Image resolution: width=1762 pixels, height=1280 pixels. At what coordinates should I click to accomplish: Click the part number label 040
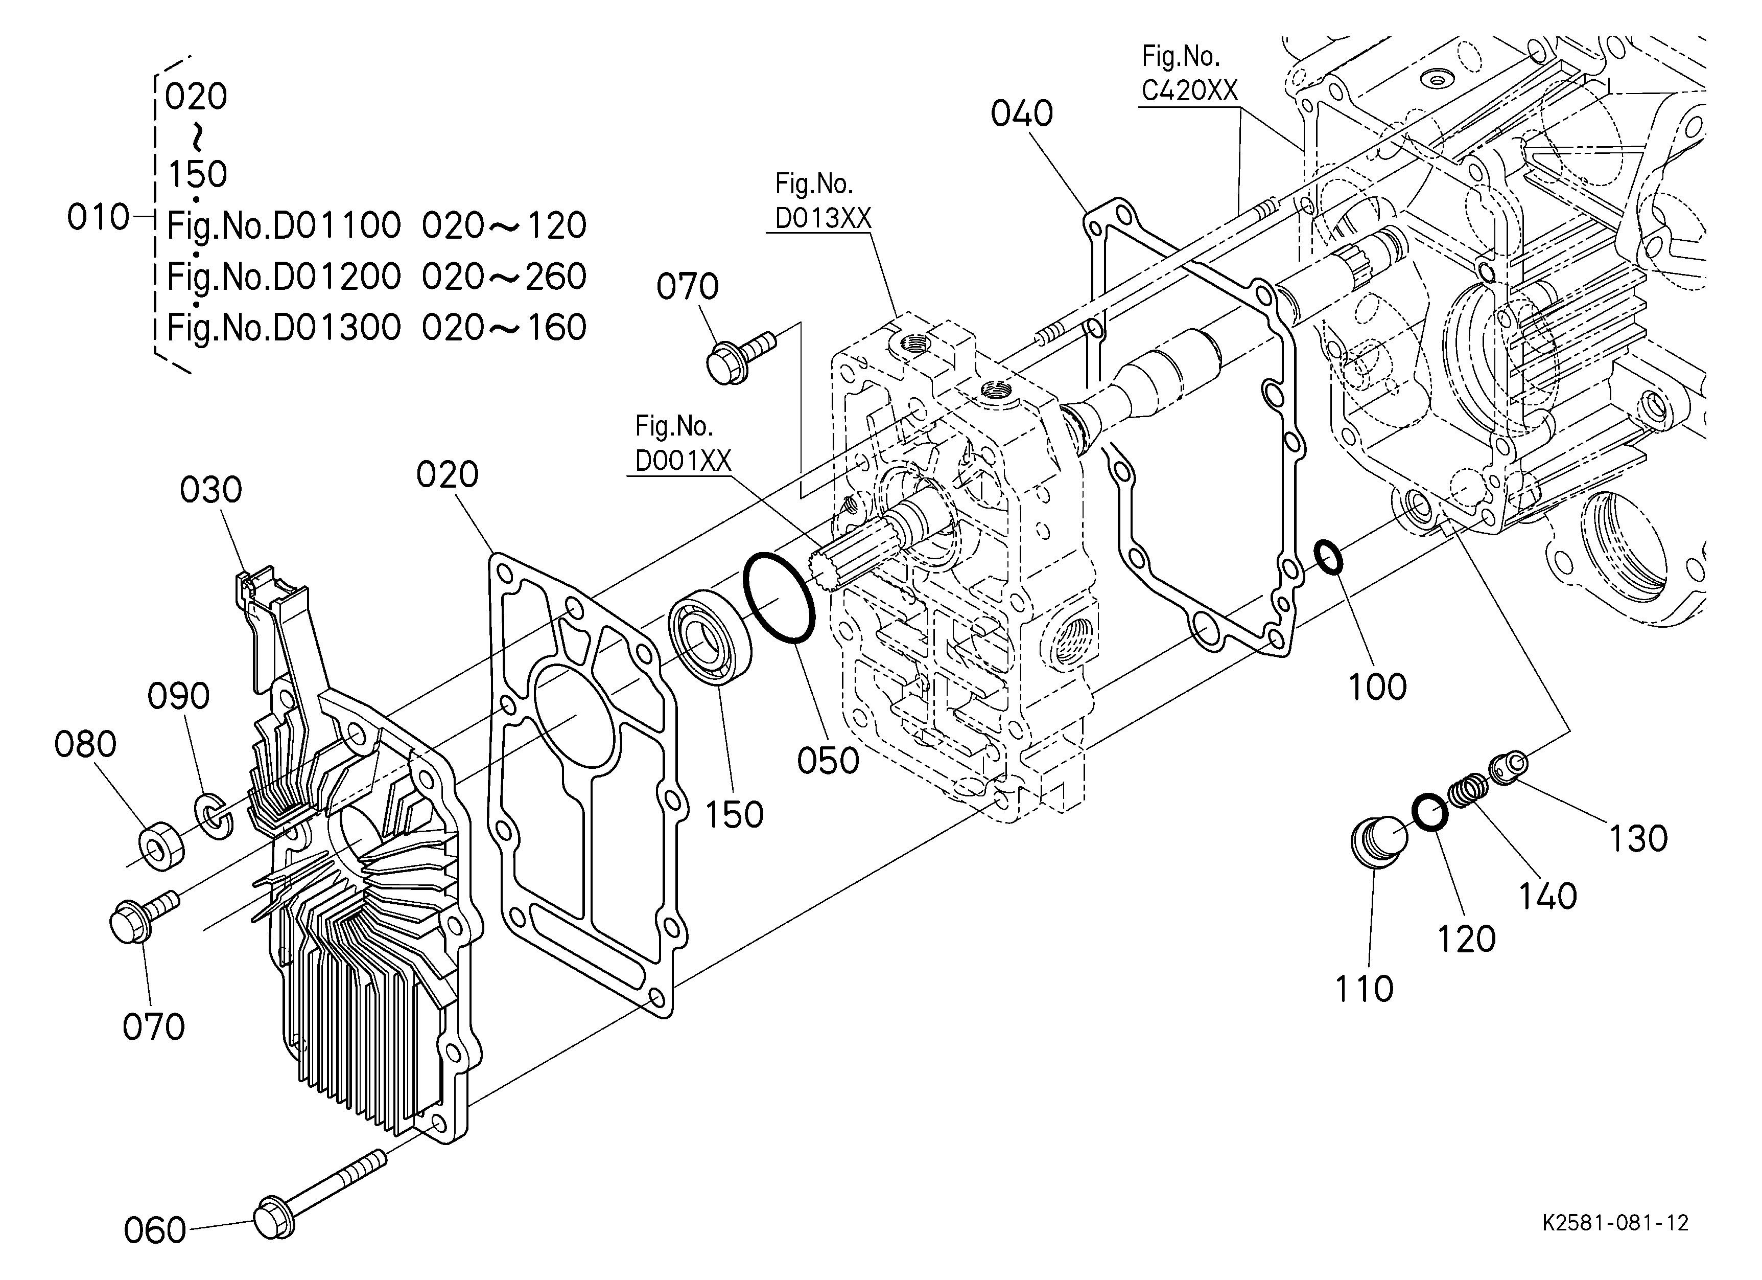(x=1022, y=113)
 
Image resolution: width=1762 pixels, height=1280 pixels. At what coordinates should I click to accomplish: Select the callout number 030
(x=212, y=490)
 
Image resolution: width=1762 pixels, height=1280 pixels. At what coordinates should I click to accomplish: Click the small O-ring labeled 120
(x=1429, y=813)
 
